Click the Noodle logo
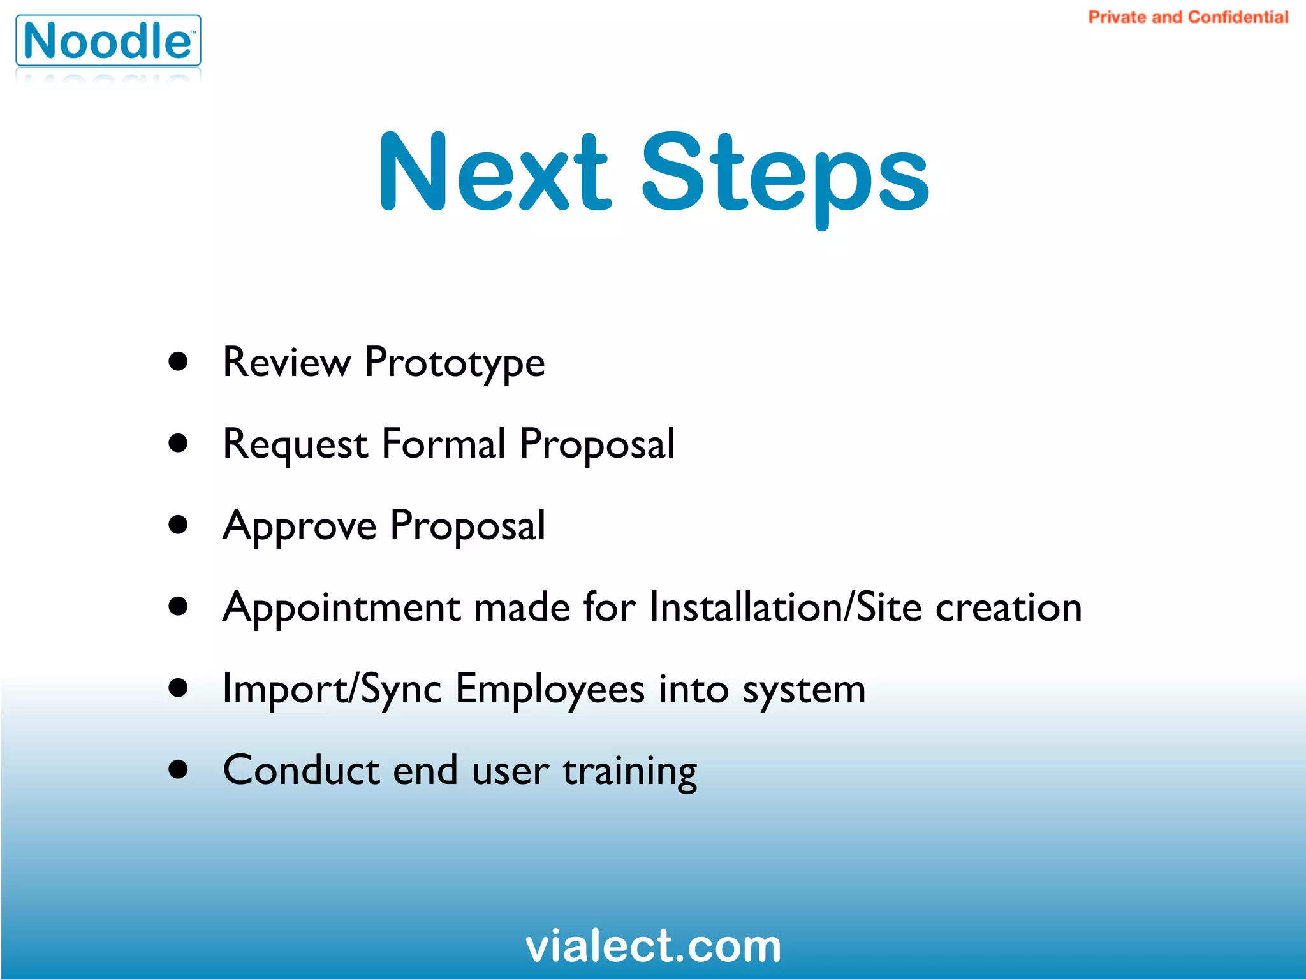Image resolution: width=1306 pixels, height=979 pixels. coord(108,41)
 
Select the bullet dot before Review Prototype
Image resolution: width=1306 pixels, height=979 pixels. coord(179,361)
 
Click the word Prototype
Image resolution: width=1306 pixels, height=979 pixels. coord(454,363)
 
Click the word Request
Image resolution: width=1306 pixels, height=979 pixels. coord(295,445)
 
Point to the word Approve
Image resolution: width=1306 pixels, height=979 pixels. coord(299,526)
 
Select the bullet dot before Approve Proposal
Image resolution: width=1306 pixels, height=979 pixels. coord(179,525)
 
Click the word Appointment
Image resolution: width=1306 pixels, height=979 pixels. coord(341,607)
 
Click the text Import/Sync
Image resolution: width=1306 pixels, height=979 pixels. coord(332,690)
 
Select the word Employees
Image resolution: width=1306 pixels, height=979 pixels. coord(550,690)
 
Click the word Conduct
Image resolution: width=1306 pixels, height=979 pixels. coord(301,770)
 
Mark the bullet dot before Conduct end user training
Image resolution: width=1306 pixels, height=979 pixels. coord(179,769)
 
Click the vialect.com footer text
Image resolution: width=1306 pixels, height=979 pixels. coord(653,946)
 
